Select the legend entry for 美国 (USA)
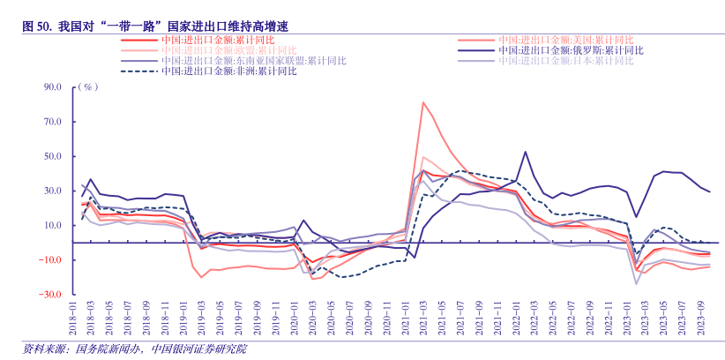(564, 40)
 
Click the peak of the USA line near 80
(423, 102)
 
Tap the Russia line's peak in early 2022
(526, 152)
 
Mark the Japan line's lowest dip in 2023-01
(636, 283)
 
